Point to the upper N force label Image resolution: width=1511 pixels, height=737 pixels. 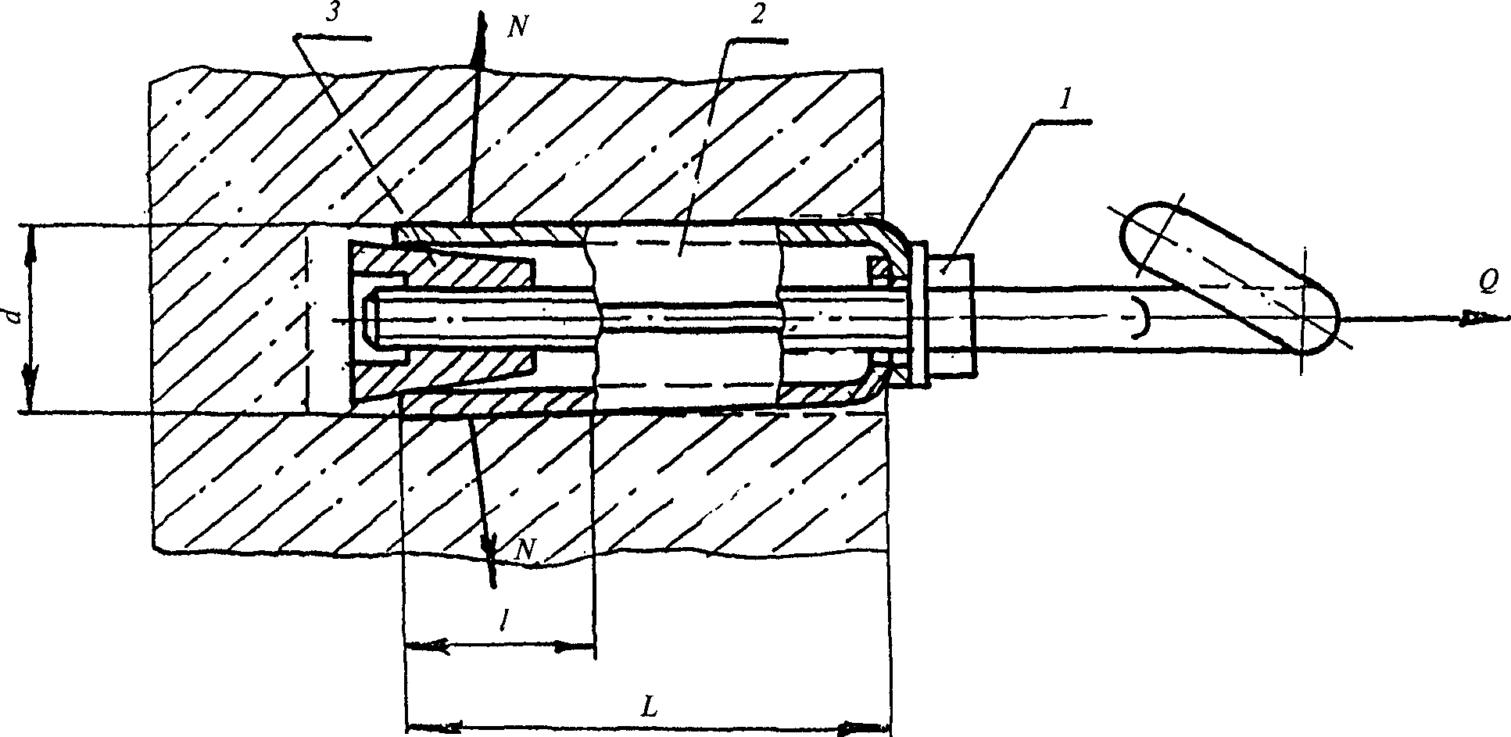517,28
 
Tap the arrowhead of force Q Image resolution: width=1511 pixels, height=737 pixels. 1482,318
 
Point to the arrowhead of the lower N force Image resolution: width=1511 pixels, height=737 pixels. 491,568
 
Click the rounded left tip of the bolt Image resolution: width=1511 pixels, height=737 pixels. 370,319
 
